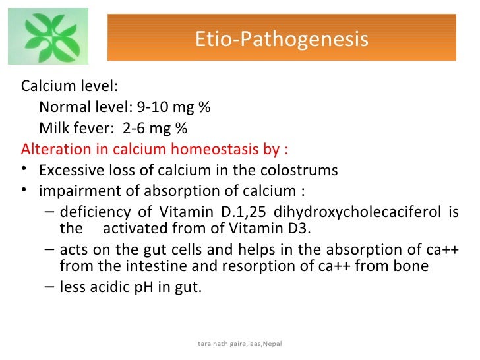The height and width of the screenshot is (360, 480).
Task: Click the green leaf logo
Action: point(48,36)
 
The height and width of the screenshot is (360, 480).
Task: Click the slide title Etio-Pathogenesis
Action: point(282,40)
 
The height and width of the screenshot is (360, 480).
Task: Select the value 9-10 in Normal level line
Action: point(152,107)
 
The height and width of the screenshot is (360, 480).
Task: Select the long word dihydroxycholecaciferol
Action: point(357,213)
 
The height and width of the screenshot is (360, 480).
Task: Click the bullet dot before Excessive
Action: point(25,170)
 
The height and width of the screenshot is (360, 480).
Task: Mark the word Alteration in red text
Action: point(52,149)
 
